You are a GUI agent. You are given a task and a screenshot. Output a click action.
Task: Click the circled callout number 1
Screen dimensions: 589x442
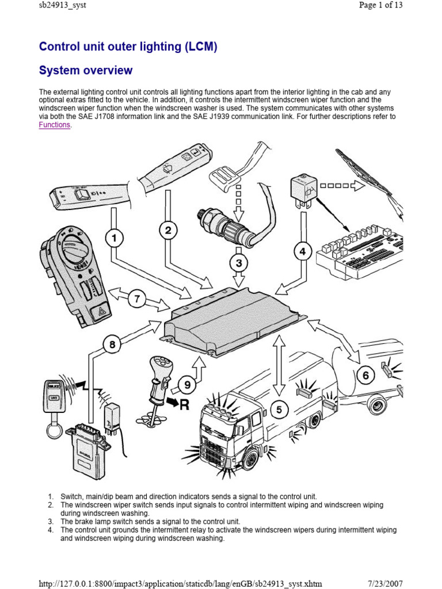(115, 238)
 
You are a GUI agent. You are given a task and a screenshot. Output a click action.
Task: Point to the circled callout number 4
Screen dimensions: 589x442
(303, 251)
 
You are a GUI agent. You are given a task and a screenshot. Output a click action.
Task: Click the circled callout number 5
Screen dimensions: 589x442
(279, 410)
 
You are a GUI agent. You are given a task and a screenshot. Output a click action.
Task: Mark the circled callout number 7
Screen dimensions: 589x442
(137, 299)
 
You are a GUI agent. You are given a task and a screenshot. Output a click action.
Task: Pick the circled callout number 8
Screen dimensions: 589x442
(113, 345)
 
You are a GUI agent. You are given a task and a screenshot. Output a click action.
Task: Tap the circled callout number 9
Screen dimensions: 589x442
(186, 385)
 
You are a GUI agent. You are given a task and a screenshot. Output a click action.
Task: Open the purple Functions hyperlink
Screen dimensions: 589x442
(54, 125)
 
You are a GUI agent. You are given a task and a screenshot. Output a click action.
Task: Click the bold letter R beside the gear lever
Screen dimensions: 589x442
(184, 404)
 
